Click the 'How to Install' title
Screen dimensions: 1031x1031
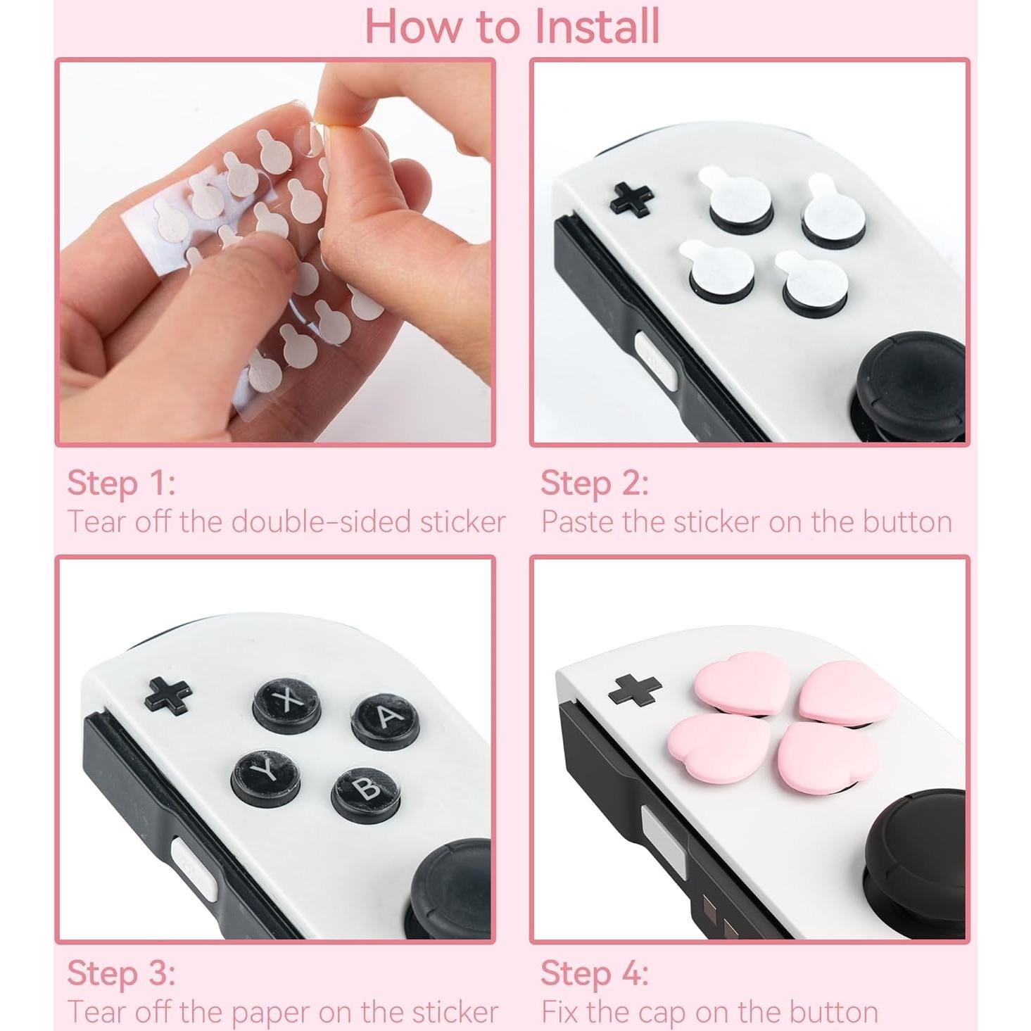(512, 26)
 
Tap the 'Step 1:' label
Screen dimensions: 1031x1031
(121, 483)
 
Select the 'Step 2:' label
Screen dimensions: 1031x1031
(595, 483)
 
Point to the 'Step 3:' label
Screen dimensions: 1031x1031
(121, 974)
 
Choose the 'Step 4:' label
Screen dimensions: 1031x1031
(595, 974)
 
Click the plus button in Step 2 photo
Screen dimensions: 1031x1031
(632, 198)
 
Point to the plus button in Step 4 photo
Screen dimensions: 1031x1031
(634, 689)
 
